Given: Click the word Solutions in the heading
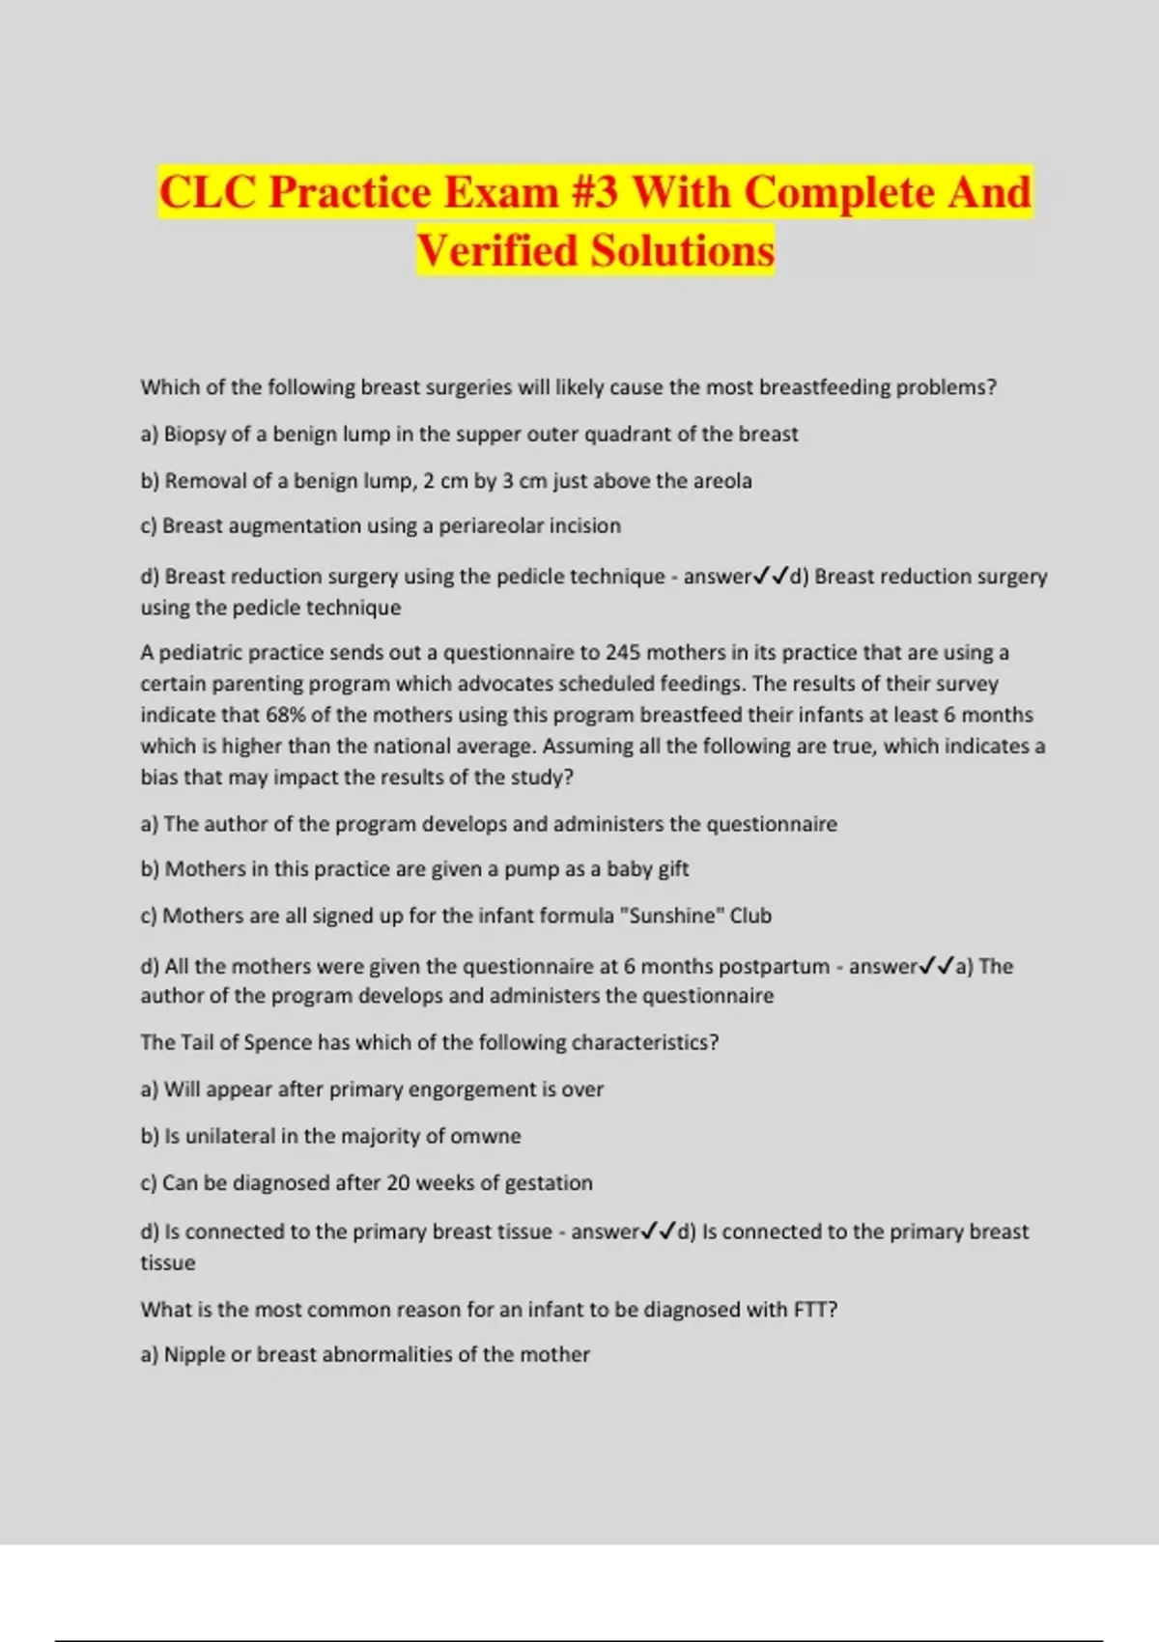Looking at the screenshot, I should click(683, 251).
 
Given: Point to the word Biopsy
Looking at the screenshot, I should click(194, 435).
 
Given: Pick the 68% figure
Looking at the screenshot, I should click(287, 715).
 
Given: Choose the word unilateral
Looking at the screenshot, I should click(230, 1136).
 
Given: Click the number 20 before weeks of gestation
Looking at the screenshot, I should click(399, 1183).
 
